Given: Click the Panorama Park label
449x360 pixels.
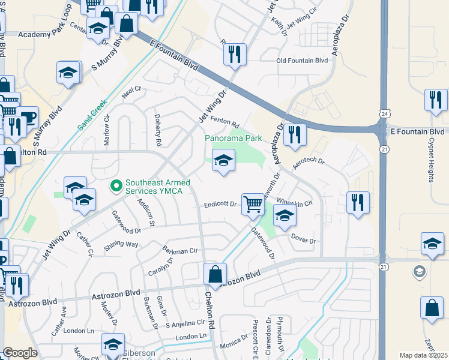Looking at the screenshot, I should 234,138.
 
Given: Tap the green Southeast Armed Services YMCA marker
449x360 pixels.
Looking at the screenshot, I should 117,187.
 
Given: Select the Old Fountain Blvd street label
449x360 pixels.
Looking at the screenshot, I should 302,61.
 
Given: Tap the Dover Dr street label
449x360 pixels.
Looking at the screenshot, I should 303,239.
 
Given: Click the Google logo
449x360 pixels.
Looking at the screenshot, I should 20,353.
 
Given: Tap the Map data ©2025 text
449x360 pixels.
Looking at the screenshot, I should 423,355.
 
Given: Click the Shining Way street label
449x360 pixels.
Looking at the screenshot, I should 121,245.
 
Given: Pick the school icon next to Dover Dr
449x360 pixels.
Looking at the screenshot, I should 285,216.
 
